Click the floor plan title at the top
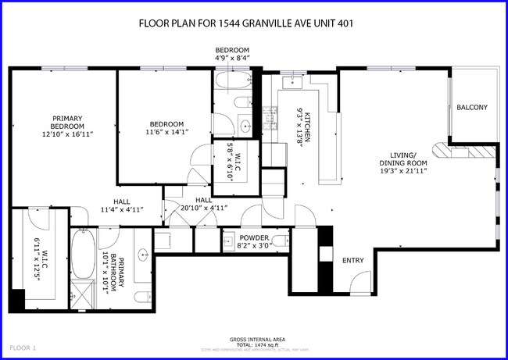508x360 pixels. click(246, 23)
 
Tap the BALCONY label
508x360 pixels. click(471, 108)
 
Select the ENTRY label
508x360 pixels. click(352, 260)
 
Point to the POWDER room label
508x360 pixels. click(254, 238)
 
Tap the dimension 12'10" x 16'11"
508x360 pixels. click(67, 134)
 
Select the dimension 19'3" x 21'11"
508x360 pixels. click(404, 171)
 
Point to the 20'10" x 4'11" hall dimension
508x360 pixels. click(203, 209)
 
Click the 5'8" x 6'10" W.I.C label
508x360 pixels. click(230, 161)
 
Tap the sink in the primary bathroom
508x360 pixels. click(144, 255)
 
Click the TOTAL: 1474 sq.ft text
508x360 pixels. click(256, 344)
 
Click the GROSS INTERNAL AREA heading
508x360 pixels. click(256, 339)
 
